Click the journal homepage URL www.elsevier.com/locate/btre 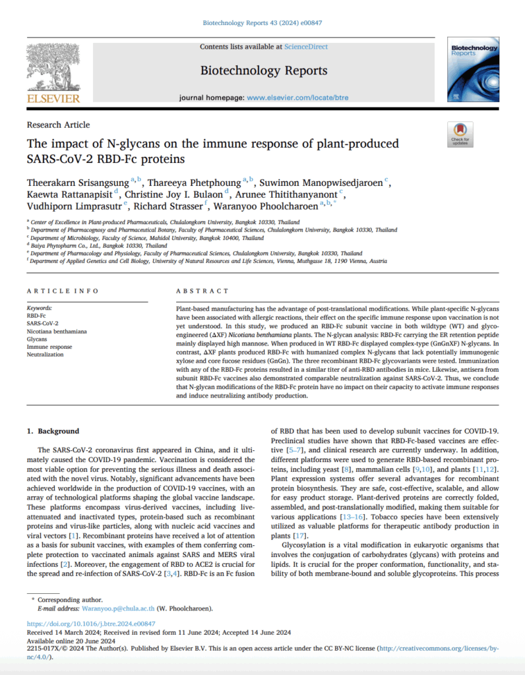coord(297,98)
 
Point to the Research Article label coord(58,125)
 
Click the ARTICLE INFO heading coord(63,291)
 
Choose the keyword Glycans coord(37,339)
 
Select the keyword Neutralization coord(45,354)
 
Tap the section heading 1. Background coord(53,430)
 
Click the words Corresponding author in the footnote coord(70,600)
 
